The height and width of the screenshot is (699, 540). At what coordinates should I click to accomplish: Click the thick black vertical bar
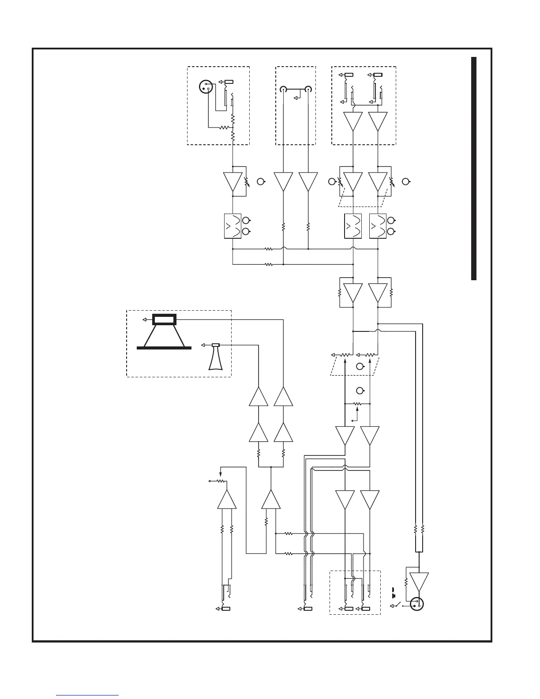click(474, 168)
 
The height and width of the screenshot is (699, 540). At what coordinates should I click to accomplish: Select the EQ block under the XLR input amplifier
click(232, 226)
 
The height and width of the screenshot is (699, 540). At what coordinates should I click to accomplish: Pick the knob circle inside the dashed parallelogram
click(360, 366)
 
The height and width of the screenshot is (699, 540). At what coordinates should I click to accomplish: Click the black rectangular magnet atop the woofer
click(164, 319)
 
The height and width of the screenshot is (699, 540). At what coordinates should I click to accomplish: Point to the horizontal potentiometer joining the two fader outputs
click(357, 403)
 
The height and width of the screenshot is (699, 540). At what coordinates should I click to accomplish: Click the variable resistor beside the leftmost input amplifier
click(246, 181)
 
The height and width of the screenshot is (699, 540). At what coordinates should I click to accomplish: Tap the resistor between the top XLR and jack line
click(225, 128)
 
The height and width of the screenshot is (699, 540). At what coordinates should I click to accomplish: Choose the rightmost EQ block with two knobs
click(377, 226)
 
